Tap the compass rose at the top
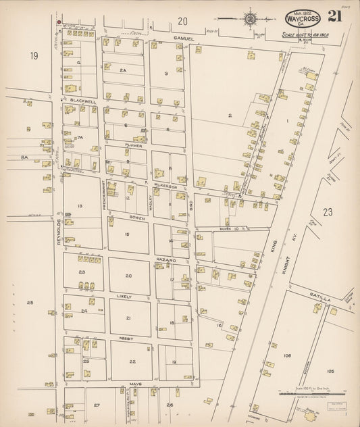(251, 18)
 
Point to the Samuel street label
(183, 39)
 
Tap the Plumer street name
(132, 145)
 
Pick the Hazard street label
(166, 259)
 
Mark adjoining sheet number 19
(34, 55)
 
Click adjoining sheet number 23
(328, 211)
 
